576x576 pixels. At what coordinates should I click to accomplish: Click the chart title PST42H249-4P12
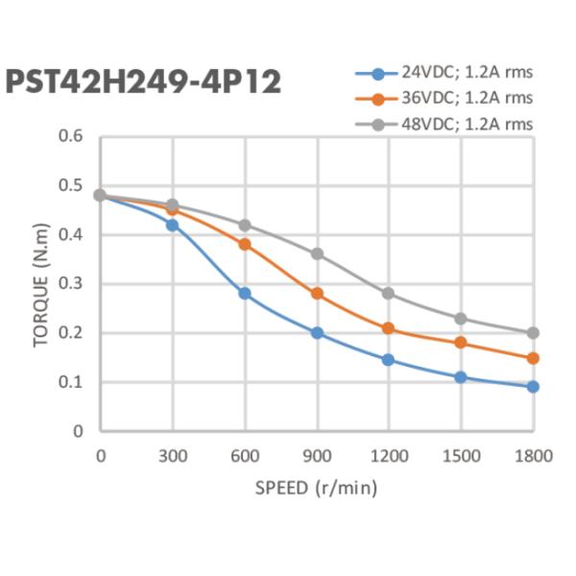(144, 82)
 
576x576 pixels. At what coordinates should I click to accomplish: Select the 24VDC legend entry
(451, 73)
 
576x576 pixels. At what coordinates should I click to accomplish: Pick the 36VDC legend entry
(451, 98)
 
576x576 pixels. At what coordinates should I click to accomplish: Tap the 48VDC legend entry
(451, 124)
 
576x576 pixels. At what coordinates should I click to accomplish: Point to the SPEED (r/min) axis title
(316, 488)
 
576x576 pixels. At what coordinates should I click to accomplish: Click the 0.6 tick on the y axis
(72, 136)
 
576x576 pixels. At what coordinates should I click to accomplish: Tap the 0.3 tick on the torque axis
(72, 284)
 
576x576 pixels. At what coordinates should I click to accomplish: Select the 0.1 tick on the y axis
(72, 382)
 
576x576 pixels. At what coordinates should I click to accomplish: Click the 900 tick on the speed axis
(317, 456)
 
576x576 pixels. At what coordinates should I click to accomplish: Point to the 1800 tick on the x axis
(533, 456)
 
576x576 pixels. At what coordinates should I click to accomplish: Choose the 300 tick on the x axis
(173, 456)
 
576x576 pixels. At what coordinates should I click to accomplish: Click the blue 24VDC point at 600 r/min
(245, 293)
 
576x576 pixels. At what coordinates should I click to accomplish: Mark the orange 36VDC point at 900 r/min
(317, 293)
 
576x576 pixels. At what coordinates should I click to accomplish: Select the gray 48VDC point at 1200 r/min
(389, 293)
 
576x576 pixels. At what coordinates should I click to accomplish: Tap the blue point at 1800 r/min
(533, 387)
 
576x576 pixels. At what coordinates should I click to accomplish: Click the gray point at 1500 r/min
(461, 318)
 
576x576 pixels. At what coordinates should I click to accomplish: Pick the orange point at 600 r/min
(245, 244)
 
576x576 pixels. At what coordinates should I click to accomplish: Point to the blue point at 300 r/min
(173, 225)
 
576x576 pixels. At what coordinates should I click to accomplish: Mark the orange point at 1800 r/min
(533, 358)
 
